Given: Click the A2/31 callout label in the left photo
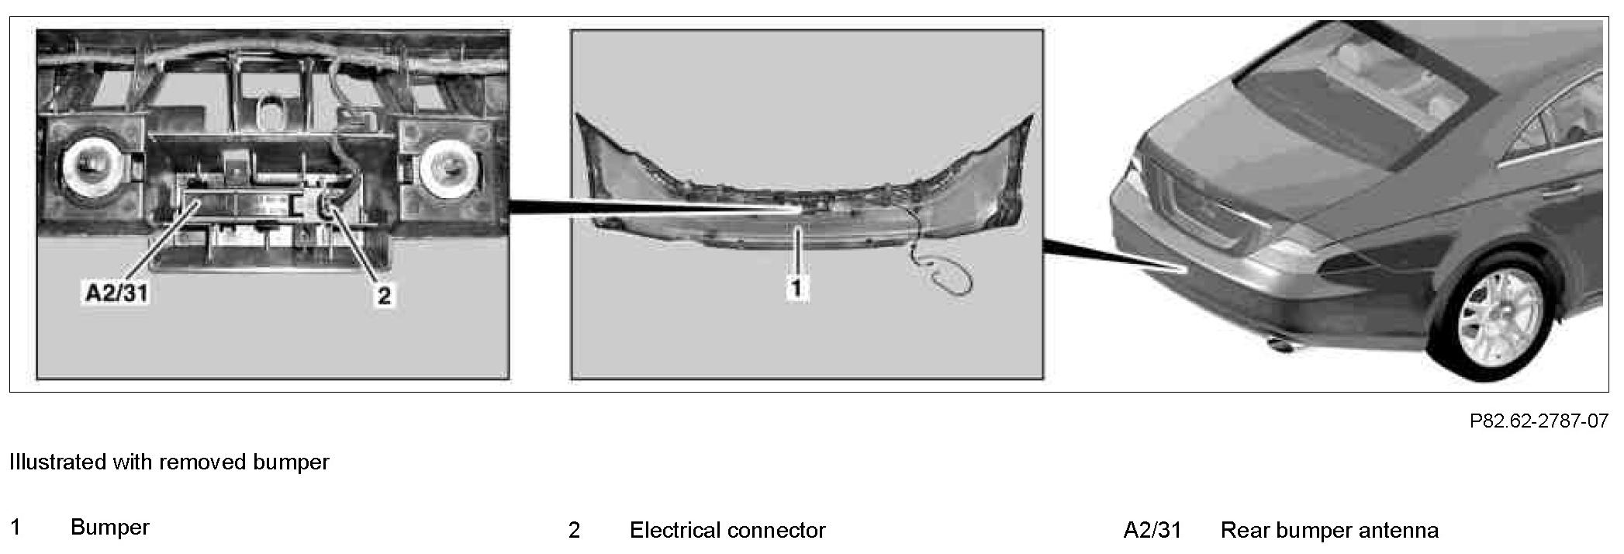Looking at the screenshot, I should [117, 293].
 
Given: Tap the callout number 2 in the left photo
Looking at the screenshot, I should [384, 295].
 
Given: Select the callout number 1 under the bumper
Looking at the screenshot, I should [796, 289].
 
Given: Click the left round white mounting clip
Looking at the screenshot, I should [90, 164].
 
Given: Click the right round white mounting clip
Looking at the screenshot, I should [448, 164].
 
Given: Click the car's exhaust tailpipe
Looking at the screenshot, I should [1280, 342].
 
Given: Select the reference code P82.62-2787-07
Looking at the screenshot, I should [1539, 421].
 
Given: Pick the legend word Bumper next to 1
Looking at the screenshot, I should [109, 528].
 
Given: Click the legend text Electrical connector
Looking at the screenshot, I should [727, 531].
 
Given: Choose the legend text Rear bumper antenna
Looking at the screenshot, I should [1329, 531].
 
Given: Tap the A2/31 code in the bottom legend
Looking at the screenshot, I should [1152, 531].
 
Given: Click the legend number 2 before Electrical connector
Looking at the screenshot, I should [574, 531].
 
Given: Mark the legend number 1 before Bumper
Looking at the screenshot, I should [16, 528].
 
